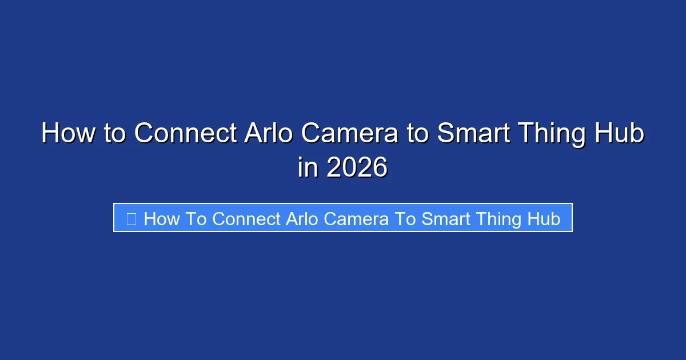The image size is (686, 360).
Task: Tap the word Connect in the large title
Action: (x=185, y=134)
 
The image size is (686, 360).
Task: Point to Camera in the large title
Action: (x=350, y=134)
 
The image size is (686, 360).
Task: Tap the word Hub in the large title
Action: (x=623, y=134)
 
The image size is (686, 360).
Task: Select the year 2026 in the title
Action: (x=357, y=168)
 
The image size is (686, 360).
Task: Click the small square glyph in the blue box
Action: (x=131, y=219)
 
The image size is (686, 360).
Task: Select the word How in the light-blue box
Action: (x=162, y=219)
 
